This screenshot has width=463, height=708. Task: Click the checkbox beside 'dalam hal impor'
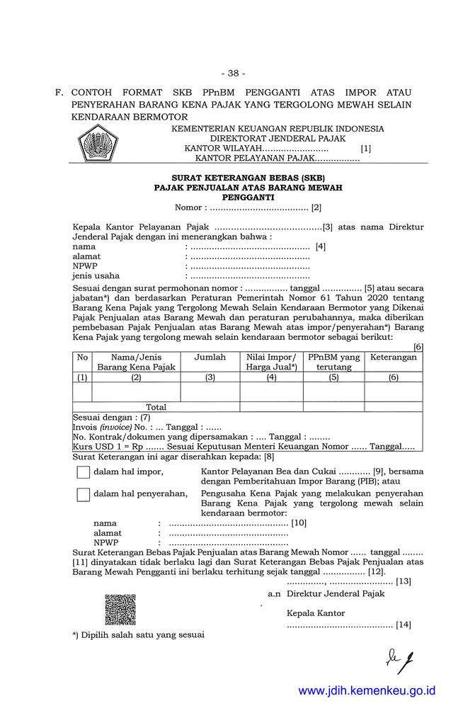click(83, 473)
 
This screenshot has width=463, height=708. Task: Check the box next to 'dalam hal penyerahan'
click(83, 494)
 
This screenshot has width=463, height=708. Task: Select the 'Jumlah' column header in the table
click(210, 358)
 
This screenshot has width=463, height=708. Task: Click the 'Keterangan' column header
click(394, 358)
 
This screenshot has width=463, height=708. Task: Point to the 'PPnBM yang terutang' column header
click(333, 362)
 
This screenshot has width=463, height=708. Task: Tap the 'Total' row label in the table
click(156, 407)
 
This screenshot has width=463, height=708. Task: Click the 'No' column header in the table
click(82, 358)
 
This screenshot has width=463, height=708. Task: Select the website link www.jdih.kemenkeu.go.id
click(367, 690)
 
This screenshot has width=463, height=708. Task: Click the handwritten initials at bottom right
click(399, 659)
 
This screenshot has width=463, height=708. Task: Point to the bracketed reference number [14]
click(404, 624)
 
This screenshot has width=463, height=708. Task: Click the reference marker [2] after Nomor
click(316, 208)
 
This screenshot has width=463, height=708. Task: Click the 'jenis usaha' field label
click(96, 276)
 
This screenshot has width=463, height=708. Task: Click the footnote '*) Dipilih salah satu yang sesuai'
click(138, 634)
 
